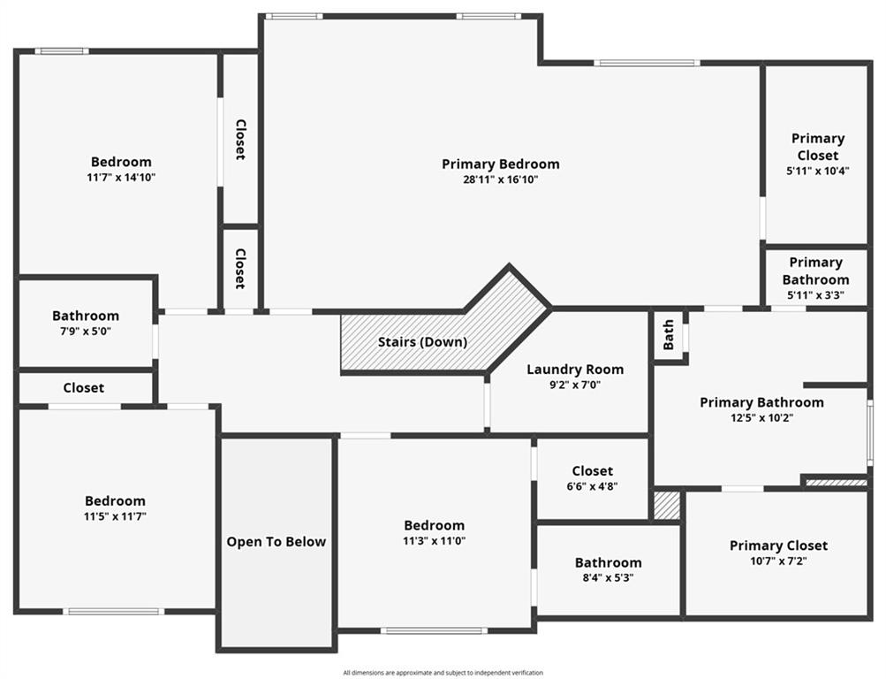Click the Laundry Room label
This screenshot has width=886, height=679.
(575, 370)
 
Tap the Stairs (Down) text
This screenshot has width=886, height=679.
(422, 342)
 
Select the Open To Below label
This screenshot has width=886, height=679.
(276, 542)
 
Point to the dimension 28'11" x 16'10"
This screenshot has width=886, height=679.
(501, 179)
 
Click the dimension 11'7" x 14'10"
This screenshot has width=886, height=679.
(121, 178)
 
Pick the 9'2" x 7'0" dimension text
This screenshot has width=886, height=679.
(575, 385)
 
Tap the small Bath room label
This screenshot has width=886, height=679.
(669, 335)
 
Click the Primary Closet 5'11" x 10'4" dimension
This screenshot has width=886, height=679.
(818, 170)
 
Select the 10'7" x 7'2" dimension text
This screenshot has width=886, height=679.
(778, 561)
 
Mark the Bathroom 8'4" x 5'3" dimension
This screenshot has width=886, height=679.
(608, 578)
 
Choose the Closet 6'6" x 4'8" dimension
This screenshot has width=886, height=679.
(592, 486)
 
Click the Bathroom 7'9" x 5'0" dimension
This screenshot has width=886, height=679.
(86, 332)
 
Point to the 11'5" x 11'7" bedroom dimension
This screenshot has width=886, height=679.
(115, 516)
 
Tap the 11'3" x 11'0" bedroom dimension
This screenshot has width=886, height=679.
(434, 540)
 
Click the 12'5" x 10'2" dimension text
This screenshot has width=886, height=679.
(761, 418)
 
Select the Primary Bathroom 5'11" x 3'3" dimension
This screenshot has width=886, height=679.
(815, 294)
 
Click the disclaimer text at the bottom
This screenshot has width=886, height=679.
(443, 673)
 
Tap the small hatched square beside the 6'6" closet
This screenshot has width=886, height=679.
(667, 506)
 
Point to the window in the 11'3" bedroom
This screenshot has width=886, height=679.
(434, 630)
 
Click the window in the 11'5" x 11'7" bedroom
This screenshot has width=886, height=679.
(114, 611)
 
